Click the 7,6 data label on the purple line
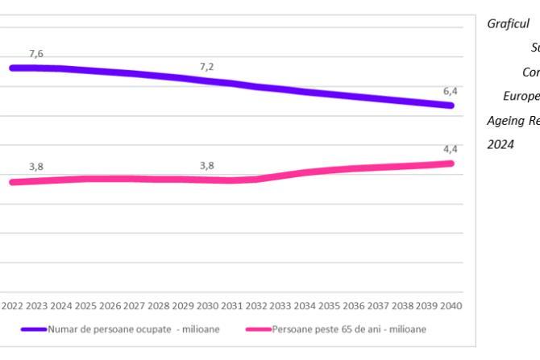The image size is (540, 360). [x=36, y=53]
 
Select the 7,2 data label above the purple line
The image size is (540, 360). [x=207, y=66]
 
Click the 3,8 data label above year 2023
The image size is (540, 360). [x=36, y=167]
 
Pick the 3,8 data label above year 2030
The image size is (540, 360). [x=207, y=166]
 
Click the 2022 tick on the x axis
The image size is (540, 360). [x=13, y=306]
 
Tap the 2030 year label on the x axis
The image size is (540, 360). [x=208, y=306]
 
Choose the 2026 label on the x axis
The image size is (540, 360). [x=110, y=306]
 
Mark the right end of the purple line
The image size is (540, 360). [x=451, y=106]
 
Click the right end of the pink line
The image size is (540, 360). [x=451, y=163]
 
